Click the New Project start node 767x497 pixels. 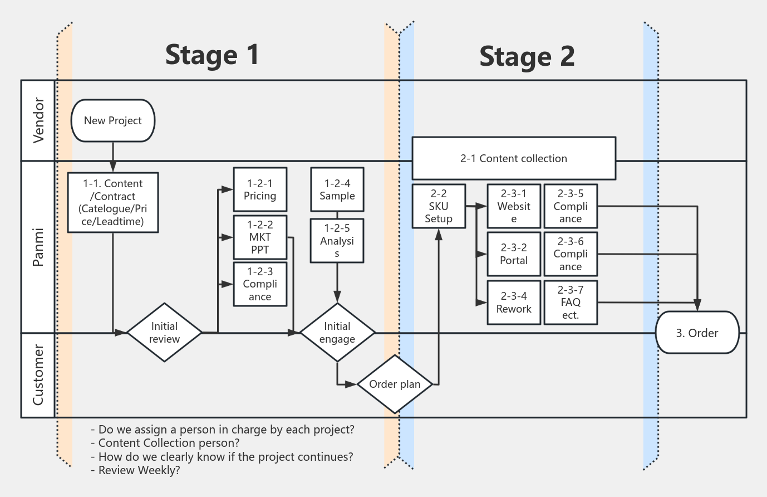(113, 120)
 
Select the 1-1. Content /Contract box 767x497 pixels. (113, 202)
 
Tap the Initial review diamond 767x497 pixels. (164, 333)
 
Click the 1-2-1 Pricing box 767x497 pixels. (260, 189)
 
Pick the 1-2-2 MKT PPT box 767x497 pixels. (260, 237)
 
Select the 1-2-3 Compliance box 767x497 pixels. (260, 284)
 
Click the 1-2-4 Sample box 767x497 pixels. (337, 189)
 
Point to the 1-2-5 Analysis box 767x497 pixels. (337, 241)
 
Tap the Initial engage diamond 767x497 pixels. (337, 333)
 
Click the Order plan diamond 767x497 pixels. (395, 384)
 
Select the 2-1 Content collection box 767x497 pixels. (514, 158)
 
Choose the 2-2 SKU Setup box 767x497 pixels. (439, 206)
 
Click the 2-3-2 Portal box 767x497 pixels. (514, 254)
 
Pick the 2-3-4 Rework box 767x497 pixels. (514, 303)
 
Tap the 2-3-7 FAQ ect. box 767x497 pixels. (571, 303)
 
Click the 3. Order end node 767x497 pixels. (697, 333)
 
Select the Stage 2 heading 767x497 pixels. (527, 56)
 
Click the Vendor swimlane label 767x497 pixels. (38, 120)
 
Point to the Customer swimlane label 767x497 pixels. (38, 375)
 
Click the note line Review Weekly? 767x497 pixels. (135, 470)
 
